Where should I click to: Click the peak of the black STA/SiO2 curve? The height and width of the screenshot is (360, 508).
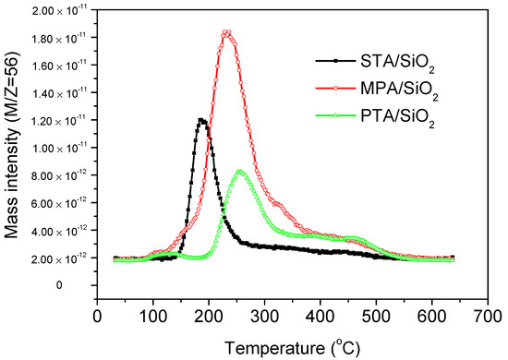(201, 120)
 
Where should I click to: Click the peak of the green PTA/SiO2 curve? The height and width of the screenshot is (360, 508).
(240, 172)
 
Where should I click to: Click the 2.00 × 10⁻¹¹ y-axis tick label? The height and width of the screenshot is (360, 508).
(54, 13)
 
